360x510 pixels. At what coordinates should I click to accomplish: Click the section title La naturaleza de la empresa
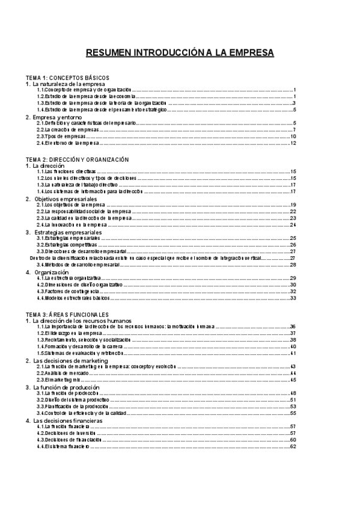[x=67, y=84]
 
